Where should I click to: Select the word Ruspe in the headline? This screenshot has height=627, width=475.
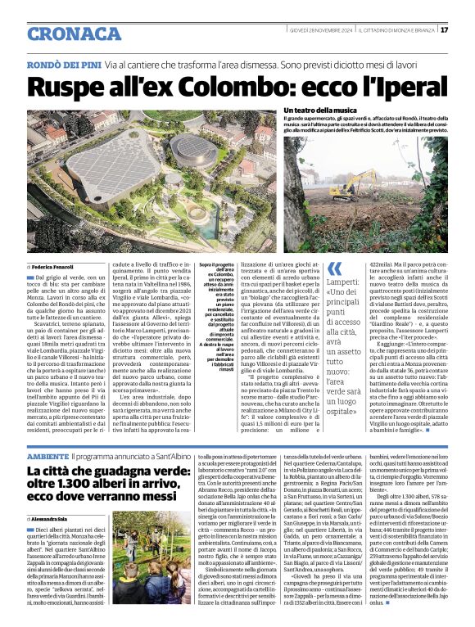point(72,85)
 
